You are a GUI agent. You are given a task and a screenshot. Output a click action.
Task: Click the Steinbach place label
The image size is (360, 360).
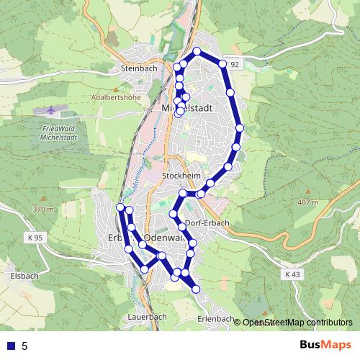pos(139,68)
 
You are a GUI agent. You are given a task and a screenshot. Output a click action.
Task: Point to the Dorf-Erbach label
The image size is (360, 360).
pos(209,222)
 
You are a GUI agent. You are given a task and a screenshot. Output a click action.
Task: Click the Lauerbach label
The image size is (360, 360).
pos(146,316)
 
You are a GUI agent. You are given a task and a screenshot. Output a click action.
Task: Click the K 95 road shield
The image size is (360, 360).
pos(34,238)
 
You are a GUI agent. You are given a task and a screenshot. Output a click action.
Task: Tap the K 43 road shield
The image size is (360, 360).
pos(292,274)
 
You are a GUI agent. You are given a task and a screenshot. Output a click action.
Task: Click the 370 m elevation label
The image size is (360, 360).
pos(43,210)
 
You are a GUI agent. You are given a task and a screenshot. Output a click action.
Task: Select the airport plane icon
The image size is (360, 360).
pos(51,112)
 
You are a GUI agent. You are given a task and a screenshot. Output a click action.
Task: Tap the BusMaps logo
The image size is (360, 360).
pos(325,346)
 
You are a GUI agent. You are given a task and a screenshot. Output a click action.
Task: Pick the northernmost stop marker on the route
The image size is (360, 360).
pos(197,51)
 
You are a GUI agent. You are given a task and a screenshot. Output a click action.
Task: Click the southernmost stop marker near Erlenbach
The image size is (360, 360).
pos(196,289)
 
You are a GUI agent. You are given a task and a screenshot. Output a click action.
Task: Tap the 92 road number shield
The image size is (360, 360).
pos(233,65)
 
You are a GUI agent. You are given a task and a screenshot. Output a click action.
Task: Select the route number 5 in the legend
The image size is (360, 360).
pos(24,346)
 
